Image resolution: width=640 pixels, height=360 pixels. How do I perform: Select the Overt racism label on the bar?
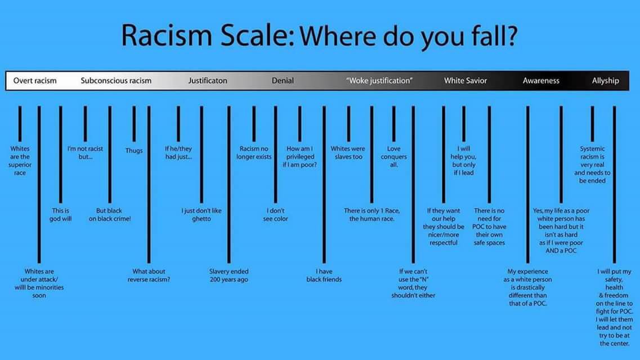coord(35,81)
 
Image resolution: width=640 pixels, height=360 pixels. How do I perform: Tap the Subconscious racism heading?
coord(116,81)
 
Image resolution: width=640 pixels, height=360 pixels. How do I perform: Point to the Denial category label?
coord(283,81)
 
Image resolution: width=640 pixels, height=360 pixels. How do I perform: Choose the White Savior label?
coord(466,81)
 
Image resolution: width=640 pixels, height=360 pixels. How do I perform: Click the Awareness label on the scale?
coord(541,81)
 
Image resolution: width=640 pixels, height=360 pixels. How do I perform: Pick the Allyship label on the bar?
coord(606,81)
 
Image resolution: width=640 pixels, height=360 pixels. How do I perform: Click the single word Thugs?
coord(134,151)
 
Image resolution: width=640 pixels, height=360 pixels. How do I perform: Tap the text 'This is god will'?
coord(60,215)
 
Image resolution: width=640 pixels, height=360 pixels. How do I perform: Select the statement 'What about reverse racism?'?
coord(149,276)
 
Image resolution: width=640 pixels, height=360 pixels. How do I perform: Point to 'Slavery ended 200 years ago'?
coord(229,276)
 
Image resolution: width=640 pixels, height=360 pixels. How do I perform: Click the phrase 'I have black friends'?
coord(324,276)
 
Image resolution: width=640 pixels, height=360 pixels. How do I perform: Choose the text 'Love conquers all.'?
coord(394,157)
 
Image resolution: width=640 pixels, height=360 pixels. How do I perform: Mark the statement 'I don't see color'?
coord(275,215)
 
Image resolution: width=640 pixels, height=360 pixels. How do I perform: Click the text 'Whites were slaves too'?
coord(348,153)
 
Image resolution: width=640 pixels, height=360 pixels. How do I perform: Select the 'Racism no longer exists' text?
coord(254,153)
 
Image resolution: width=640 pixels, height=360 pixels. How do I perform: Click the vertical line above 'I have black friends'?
coord(324,184)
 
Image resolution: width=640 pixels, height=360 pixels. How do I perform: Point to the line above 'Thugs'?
coord(134,124)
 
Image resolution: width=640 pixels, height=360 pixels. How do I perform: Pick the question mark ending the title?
coord(512,35)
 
